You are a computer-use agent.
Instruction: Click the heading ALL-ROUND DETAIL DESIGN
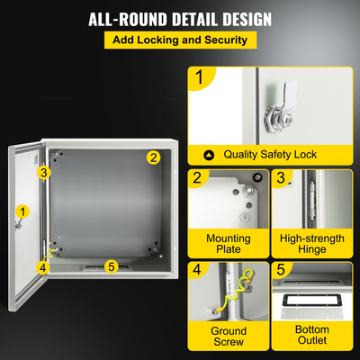click(179, 19)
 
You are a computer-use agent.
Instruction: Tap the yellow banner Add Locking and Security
click(180, 40)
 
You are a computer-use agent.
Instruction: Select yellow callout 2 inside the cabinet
click(153, 157)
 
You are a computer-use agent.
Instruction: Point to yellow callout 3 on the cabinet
click(42, 172)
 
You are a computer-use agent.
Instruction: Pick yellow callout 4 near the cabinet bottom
click(42, 266)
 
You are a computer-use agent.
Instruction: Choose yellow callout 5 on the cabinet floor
click(111, 265)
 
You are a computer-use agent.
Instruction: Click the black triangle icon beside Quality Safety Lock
click(209, 155)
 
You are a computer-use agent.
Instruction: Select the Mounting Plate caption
click(229, 243)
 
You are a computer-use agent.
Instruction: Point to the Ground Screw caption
click(229, 336)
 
